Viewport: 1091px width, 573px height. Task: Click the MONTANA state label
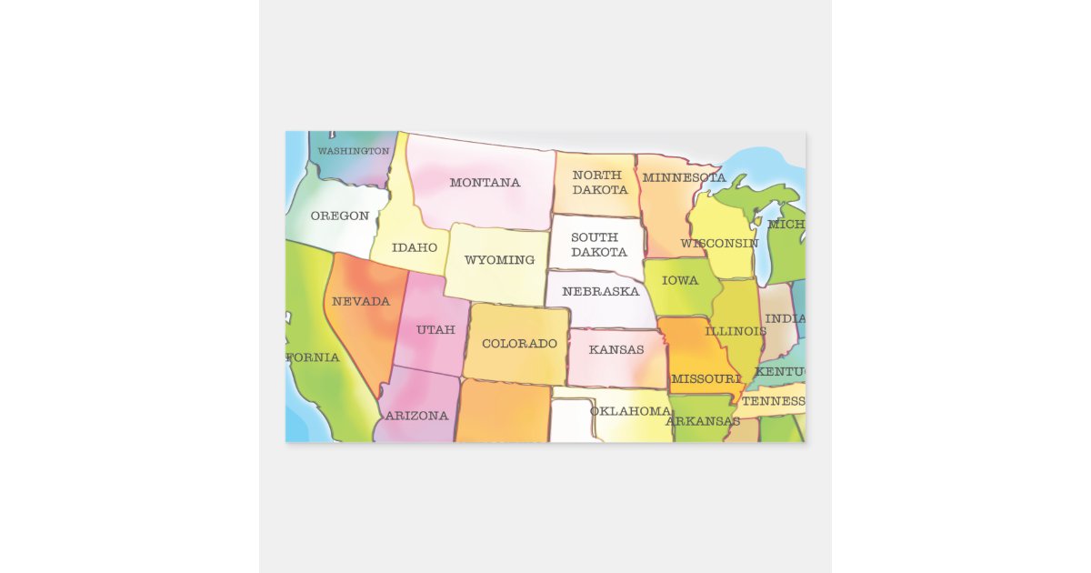pyautogui.click(x=485, y=183)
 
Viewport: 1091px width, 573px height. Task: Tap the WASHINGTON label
pyautogui.click(x=354, y=151)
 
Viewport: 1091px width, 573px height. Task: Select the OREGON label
pyautogui.click(x=339, y=216)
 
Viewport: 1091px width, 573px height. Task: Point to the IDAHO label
pyautogui.click(x=415, y=247)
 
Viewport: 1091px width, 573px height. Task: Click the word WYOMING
pyautogui.click(x=499, y=260)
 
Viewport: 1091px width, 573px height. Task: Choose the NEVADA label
pyautogui.click(x=361, y=301)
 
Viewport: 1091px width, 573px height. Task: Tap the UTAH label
pyautogui.click(x=435, y=329)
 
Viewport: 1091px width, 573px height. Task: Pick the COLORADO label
pyautogui.click(x=519, y=344)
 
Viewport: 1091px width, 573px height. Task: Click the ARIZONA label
pyautogui.click(x=417, y=416)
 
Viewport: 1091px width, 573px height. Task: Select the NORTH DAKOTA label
pyautogui.click(x=599, y=183)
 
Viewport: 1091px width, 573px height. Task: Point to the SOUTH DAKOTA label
pyautogui.click(x=598, y=245)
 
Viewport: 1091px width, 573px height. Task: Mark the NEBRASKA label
pyautogui.click(x=600, y=292)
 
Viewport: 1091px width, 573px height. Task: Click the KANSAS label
pyautogui.click(x=616, y=350)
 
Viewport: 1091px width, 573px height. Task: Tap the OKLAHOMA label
pyautogui.click(x=630, y=411)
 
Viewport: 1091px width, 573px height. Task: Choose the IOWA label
pyautogui.click(x=680, y=280)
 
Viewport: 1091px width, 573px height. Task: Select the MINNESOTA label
pyautogui.click(x=684, y=177)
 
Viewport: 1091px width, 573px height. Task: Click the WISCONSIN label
pyautogui.click(x=719, y=244)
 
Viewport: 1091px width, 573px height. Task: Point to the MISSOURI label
pyautogui.click(x=706, y=378)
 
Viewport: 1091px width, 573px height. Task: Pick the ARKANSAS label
pyautogui.click(x=703, y=421)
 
